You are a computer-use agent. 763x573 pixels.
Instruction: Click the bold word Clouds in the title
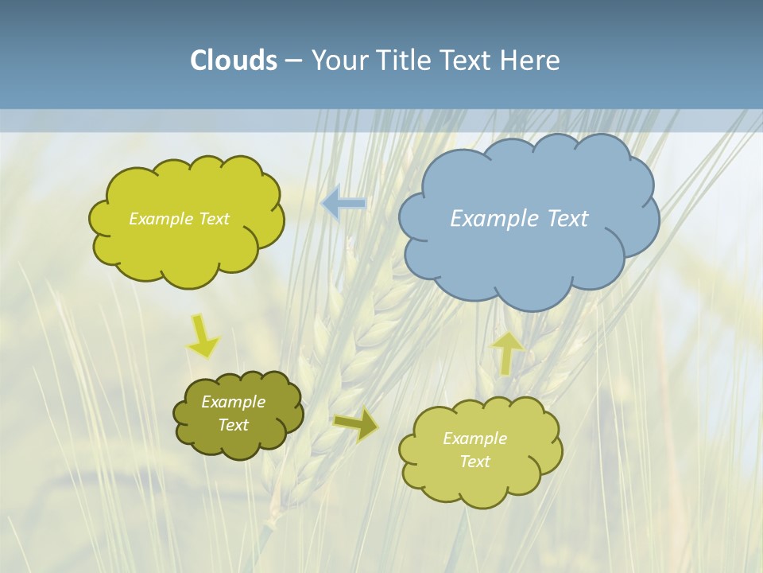coord(234,60)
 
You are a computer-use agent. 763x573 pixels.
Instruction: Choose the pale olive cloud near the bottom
coord(481,485)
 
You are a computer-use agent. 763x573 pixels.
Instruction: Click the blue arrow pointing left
coord(343,204)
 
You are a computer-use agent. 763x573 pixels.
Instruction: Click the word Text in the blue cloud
coord(568,219)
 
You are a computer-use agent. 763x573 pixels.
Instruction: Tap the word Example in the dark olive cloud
coord(233,402)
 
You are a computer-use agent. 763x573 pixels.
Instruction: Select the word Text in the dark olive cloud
coord(233,425)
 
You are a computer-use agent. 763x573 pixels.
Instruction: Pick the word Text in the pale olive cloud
coord(474,462)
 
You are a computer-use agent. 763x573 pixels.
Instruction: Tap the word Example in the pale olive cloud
coord(474,439)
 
